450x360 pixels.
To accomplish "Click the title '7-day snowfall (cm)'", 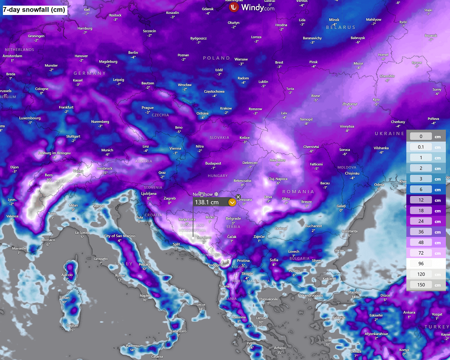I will (34, 10).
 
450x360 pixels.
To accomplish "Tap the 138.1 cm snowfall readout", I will (207, 202).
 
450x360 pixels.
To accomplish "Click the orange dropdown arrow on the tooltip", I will (232, 202).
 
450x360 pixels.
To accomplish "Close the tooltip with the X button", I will (238, 197).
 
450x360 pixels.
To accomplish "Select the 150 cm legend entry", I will (421, 285).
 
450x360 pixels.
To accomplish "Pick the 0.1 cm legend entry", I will (421, 147).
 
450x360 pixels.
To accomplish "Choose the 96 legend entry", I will (421, 264).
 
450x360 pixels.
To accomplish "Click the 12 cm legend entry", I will (421, 200).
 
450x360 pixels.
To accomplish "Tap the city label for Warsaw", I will (241, 60).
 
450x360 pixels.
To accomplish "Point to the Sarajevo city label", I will (205, 238).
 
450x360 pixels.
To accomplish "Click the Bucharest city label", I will (313, 226).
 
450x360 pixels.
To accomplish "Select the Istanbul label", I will (354, 292).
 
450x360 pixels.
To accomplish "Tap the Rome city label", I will (120, 275).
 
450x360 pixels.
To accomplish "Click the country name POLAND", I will (217, 58).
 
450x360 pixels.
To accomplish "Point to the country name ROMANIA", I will (298, 192).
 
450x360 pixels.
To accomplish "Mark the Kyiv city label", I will (376, 100).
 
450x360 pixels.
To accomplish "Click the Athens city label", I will (280, 348).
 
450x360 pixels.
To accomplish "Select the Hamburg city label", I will (85, 28).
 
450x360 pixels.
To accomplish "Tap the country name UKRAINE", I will (389, 134).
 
